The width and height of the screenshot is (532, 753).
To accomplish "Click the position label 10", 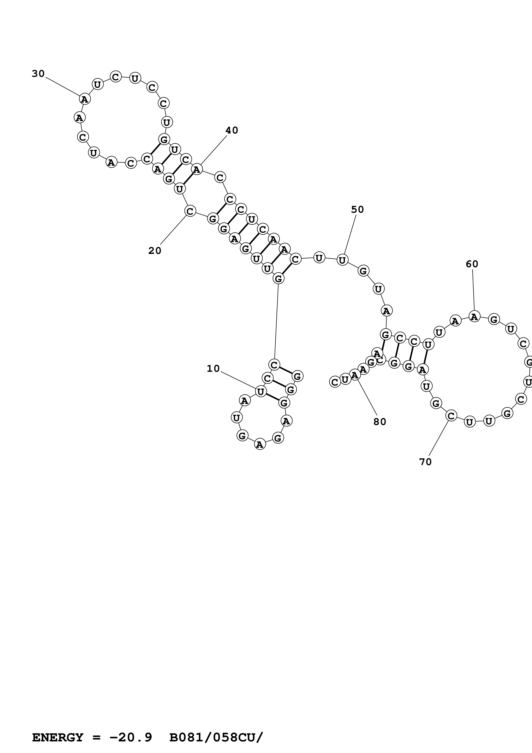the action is click(x=213, y=369).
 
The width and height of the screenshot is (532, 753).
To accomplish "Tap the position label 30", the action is click(x=38, y=74).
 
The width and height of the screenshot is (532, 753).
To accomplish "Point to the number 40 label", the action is click(x=231, y=130).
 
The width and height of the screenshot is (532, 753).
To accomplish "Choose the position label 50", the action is click(x=357, y=209).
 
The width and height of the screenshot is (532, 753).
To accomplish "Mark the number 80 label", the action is click(x=380, y=422).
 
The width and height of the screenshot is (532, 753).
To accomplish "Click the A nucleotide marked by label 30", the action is click(x=85, y=99).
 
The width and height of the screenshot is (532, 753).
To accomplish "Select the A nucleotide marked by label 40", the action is click(x=197, y=170).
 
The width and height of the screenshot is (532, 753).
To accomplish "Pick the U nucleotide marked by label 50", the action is click(x=342, y=260).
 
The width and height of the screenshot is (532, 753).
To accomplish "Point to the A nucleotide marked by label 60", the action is click(x=474, y=316).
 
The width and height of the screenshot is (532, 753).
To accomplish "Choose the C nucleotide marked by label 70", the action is click(x=451, y=416).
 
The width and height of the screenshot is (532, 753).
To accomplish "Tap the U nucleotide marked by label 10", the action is click(x=261, y=392).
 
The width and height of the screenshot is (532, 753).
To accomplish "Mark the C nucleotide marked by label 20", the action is click(x=190, y=211).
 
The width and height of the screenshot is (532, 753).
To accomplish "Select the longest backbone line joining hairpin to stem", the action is click(x=276, y=321).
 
